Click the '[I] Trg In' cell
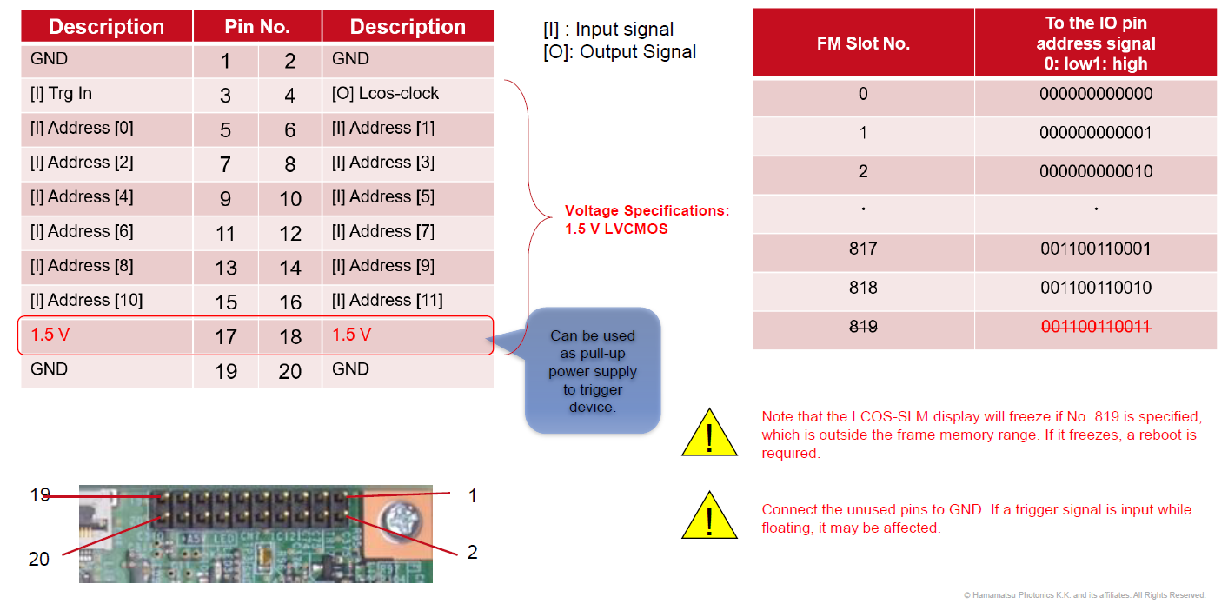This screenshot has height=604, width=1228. point(61,94)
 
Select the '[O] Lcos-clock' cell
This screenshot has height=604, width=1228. point(385,94)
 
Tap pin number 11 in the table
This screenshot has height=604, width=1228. point(225,233)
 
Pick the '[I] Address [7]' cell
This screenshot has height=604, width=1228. point(382,232)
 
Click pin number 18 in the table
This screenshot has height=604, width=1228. point(290,337)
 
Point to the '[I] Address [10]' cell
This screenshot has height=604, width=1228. point(86,301)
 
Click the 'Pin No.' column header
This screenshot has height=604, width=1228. point(257,27)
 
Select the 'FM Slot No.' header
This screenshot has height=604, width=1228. point(863,43)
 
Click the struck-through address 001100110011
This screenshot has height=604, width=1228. point(1095,327)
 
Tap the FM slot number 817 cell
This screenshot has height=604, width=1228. point(863,249)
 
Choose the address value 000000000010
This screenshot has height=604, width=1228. point(1095,171)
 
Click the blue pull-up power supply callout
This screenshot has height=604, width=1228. point(593,370)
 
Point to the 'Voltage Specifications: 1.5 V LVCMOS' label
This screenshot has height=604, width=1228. point(647,220)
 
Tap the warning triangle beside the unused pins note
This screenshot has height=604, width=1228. point(709,515)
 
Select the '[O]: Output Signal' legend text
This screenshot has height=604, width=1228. point(619,52)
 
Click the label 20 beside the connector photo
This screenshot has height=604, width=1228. point(39,559)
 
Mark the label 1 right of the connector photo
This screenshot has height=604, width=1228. point(472,496)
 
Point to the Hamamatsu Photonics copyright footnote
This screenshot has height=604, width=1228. point(1084,595)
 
